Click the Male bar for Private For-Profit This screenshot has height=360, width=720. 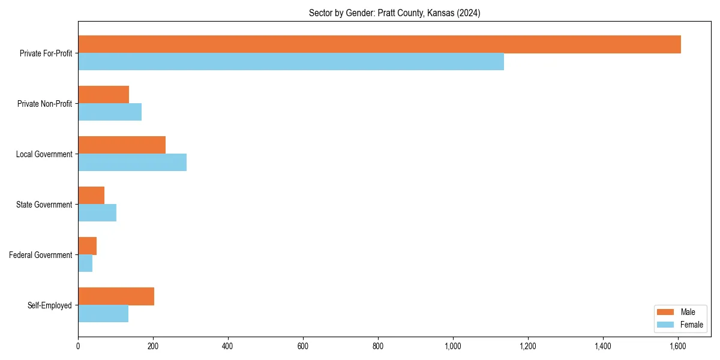click(x=379, y=44)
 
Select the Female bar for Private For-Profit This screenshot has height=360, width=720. click(x=291, y=62)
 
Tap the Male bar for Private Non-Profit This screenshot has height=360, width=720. click(x=103, y=95)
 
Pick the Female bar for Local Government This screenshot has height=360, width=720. click(x=132, y=163)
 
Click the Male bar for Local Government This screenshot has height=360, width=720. click(x=122, y=145)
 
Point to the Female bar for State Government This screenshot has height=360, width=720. click(x=97, y=213)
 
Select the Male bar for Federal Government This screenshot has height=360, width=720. click(x=87, y=246)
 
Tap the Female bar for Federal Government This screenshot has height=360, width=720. click(x=85, y=263)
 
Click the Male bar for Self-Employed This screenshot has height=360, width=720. click(x=116, y=296)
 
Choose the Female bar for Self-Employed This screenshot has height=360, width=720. click(x=103, y=314)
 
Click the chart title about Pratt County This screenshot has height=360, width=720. click(x=394, y=13)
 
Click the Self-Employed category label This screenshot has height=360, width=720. click(x=49, y=305)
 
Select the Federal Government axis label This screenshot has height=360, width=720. click(x=41, y=255)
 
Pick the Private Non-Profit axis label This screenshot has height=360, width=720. click(x=44, y=104)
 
